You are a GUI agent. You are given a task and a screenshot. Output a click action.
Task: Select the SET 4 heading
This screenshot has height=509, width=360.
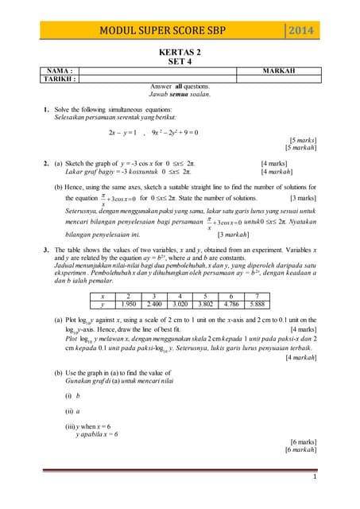point(179,61)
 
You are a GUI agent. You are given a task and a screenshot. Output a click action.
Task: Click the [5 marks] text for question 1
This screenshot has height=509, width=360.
point(302,140)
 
